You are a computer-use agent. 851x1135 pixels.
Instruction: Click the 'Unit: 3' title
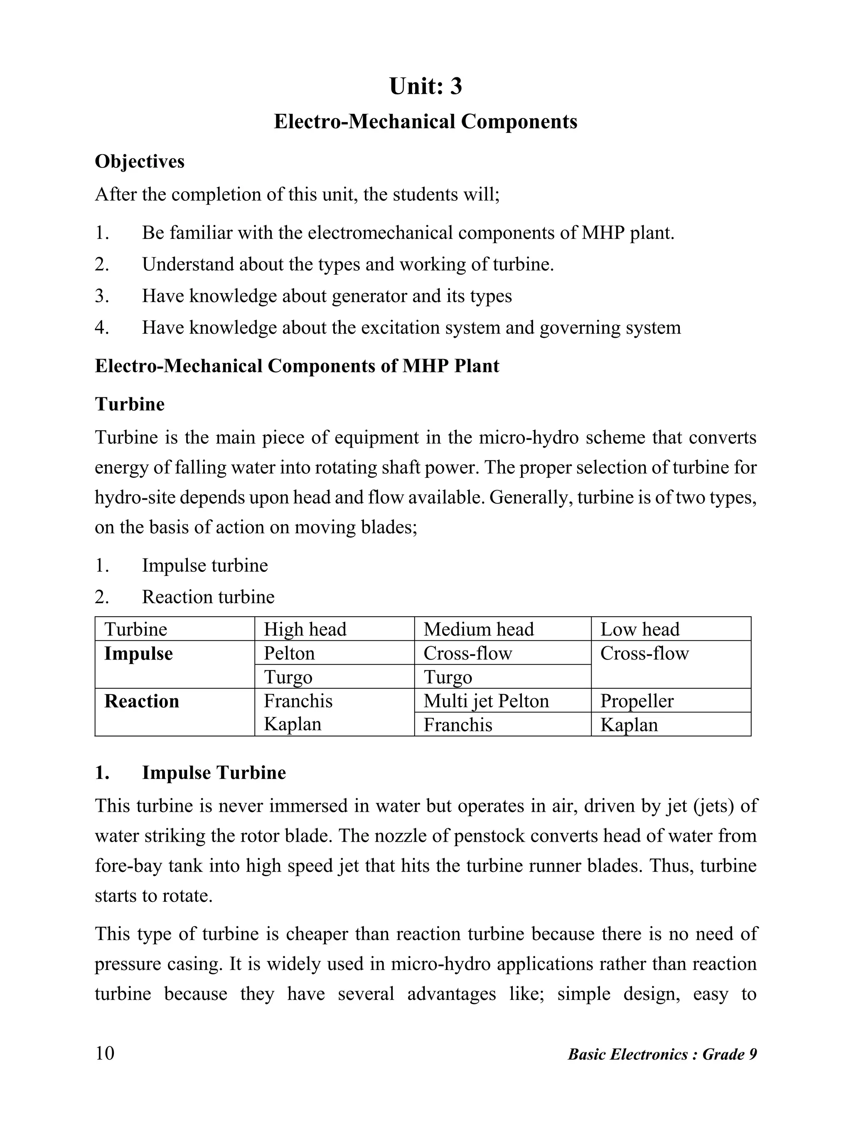pos(425,86)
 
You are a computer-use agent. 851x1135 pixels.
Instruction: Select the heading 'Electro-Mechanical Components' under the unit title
pos(425,122)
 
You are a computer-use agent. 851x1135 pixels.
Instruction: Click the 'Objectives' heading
pos(140,162)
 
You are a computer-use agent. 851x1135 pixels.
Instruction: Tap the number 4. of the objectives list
pos(102,327)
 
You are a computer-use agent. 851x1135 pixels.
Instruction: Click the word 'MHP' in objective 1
pos(603,233)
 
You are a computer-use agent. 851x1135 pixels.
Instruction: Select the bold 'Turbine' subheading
pos(130,404)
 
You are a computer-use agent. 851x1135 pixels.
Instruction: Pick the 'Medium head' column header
pos(479,629)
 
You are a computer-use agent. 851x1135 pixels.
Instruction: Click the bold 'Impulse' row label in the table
pos(138,654)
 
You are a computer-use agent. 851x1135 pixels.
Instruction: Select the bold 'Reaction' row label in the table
pos(142,702)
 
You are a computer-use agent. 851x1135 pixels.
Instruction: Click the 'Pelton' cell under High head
pos(289,653)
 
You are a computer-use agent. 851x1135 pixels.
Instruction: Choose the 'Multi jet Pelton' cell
pos(486,701)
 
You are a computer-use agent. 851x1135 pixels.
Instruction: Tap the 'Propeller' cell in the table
pos(637,701)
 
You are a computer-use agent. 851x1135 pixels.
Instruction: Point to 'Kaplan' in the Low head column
pos(629,725)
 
